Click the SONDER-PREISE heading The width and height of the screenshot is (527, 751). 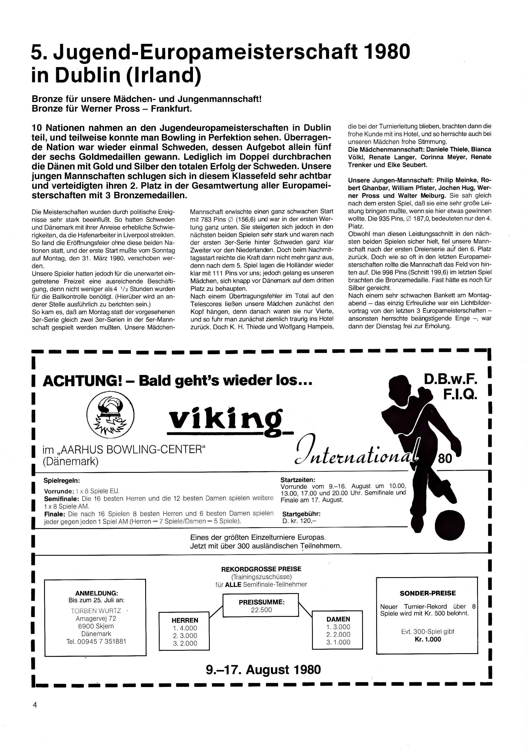[427, 593]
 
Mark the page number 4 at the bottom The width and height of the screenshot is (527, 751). [35, 705]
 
